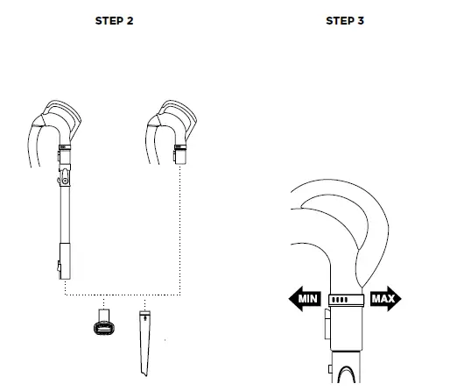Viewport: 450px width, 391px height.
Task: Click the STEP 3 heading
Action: [x=344, y=21]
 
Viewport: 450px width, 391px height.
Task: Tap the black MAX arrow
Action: [x=383, y=299]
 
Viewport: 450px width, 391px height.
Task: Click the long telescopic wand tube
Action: [x=65, y=210]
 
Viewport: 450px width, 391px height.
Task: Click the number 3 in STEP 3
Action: [x=360, y=21]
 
